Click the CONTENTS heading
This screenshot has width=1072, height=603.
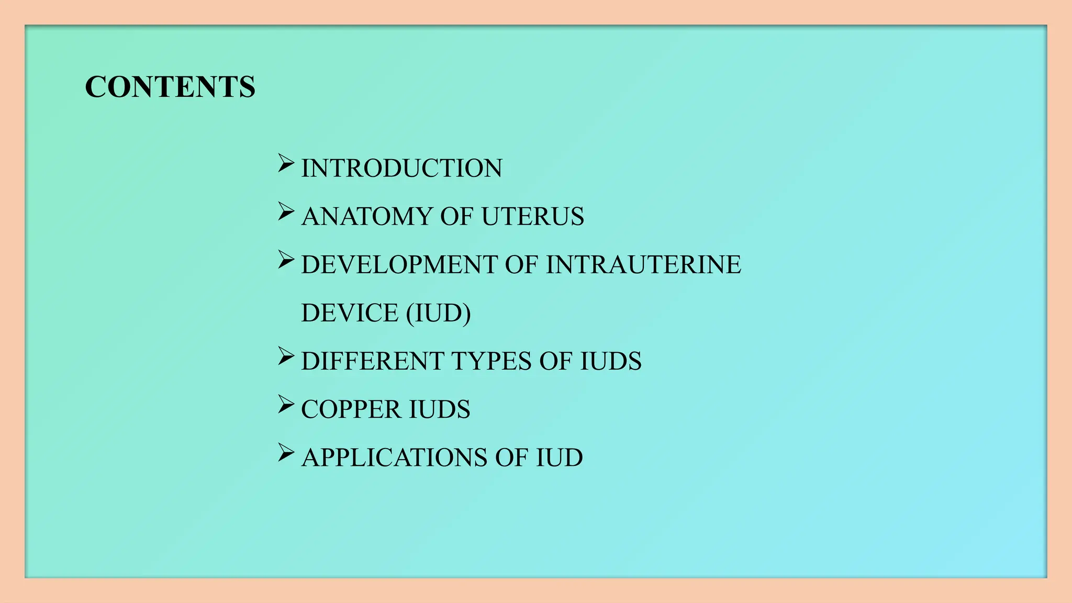170,87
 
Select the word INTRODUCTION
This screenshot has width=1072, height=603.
401,169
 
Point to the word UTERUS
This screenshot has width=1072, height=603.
532,217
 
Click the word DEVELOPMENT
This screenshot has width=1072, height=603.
399,265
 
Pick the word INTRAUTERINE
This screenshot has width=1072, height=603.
643,265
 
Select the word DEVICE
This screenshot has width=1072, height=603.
350,313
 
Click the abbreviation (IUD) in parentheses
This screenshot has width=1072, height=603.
439,313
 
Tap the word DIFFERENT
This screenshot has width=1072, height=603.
372,361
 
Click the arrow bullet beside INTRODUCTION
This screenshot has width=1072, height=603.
286,163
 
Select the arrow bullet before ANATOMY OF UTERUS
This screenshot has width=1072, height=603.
286,211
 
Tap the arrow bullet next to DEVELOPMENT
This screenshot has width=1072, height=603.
286,260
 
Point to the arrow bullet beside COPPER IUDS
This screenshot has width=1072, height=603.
286,404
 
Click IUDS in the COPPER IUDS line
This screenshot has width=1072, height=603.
439,409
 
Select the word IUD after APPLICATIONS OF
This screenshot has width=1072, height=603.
559,457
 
